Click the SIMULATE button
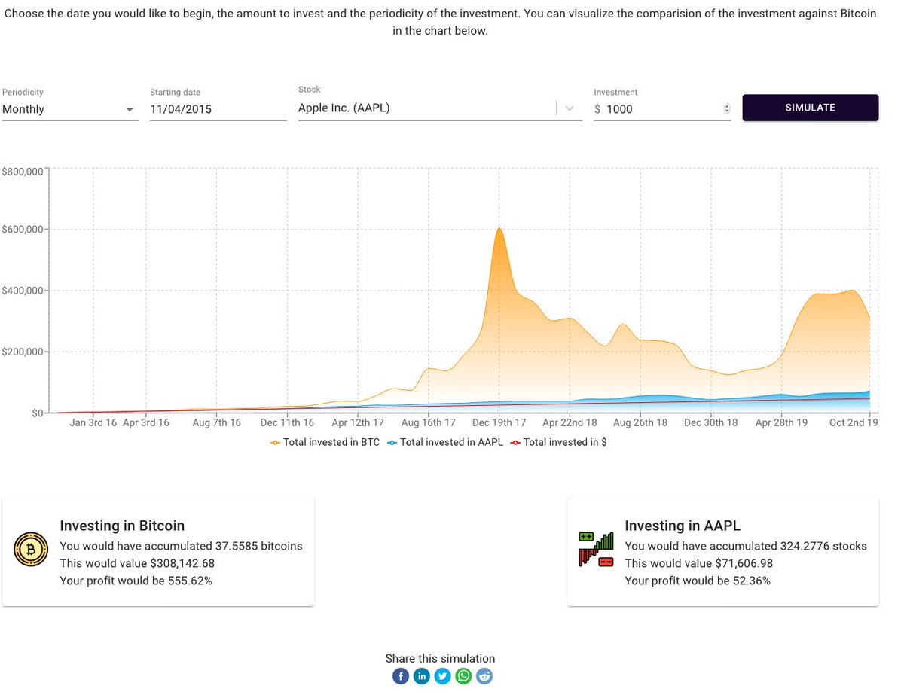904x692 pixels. (810, 108)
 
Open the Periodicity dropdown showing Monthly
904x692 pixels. (69, 109)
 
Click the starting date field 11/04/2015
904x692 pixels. (217, 109)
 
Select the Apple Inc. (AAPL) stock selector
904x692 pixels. (426, 108)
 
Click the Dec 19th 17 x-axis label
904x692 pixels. (499, 423)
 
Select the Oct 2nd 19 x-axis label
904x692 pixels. (854, 423)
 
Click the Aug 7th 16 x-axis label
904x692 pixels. (216, 423)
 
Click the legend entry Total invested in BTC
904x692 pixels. (325, 443)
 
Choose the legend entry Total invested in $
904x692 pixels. (558, 443)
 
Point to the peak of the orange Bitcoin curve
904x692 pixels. (499, 228)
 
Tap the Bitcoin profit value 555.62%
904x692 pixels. (188, 581)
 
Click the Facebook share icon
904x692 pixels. (400, 676)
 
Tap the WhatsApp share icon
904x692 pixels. (463, 676)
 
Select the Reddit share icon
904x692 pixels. (484, 676)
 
